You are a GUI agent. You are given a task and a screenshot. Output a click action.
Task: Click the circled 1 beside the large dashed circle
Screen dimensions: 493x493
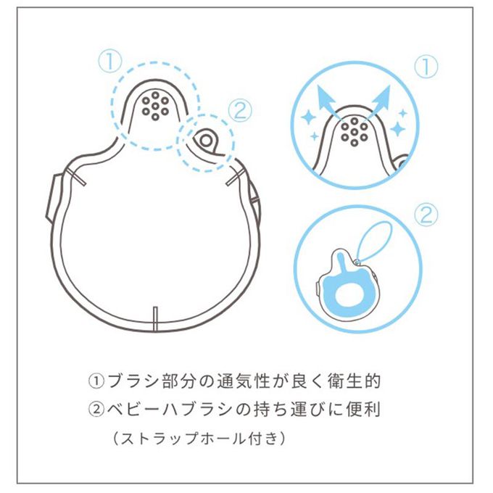[x=109, y=62]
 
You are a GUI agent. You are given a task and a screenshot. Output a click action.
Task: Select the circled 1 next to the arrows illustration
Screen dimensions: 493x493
[x=426, y=67]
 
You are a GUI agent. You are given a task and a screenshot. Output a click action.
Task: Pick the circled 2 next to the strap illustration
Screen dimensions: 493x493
[x=426, y=215]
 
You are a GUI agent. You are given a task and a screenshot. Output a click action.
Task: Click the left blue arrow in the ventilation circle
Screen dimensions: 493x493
[x=328, y=101]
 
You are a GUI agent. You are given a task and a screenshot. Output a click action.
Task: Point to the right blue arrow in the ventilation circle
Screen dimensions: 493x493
[x=380, y=101]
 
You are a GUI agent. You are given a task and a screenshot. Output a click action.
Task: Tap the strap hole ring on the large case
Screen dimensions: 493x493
[x=206, y=141]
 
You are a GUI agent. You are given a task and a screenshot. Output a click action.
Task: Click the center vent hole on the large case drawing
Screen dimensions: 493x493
[x=155, y=107]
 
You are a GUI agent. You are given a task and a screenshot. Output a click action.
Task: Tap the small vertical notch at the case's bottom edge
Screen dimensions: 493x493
[x=155, y=319]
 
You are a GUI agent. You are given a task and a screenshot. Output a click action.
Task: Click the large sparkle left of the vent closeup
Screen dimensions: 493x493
[x=309, y=118]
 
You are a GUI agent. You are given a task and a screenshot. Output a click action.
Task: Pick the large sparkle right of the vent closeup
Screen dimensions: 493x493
[x=398, y=128]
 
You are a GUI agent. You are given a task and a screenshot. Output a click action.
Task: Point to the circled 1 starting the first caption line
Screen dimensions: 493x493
[x=96, y=381]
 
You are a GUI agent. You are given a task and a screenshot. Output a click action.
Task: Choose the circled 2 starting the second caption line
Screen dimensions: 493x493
[x=96, y=410]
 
